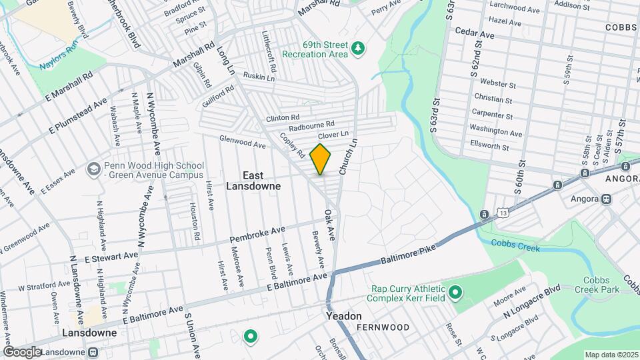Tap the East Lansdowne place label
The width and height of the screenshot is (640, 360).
tap(261, 181)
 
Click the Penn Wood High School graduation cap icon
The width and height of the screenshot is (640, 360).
tap(93, 169)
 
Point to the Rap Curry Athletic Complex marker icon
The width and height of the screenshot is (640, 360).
tap(455, 292)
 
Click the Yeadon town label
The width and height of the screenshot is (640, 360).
tap(343, 316)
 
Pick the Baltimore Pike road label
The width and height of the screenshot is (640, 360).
tap(407, 257)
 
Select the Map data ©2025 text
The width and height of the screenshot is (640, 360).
tap(611, 354)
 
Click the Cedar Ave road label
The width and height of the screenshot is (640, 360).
tap(474, 31)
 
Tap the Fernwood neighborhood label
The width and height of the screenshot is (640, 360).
tap(383, 327)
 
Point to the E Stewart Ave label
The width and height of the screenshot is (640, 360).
tap(103, 255)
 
